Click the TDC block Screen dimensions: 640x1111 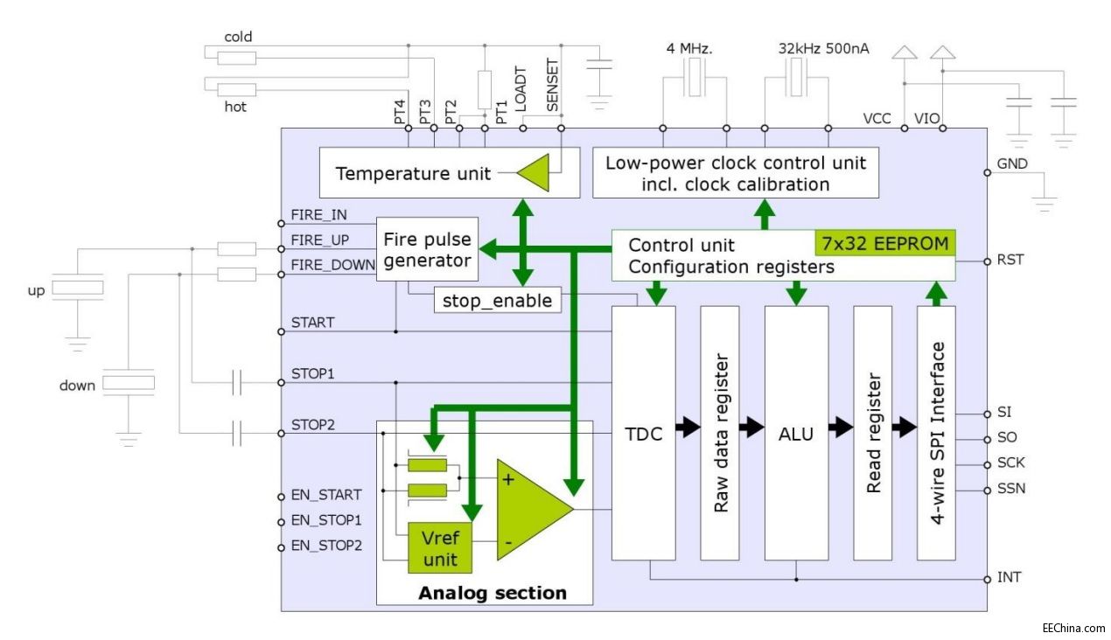(x=643, y=433)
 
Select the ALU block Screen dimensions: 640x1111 (x=796, y=433)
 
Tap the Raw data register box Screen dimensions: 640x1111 (x=720, y=433)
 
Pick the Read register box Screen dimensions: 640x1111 (x=873, y=433)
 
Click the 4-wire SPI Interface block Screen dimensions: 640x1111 (x=936, y=433)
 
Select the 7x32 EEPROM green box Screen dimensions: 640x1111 (x=884, y=243)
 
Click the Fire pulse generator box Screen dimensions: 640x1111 (x=427, y=249)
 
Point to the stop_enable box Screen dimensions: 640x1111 (x=497, y=301)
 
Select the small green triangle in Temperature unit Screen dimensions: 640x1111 (x=535, y=173)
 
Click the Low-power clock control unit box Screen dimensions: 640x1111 (x=735, y=173)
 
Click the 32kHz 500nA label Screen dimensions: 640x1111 (x=823, y=49)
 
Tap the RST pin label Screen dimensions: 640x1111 (x=1010, y=260)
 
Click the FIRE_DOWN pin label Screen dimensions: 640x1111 (x=332, y=266)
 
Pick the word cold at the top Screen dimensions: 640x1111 (x=238, y=37)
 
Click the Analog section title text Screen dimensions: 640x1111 (x=493, y=593)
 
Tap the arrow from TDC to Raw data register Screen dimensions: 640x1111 (x=688, y=428)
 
